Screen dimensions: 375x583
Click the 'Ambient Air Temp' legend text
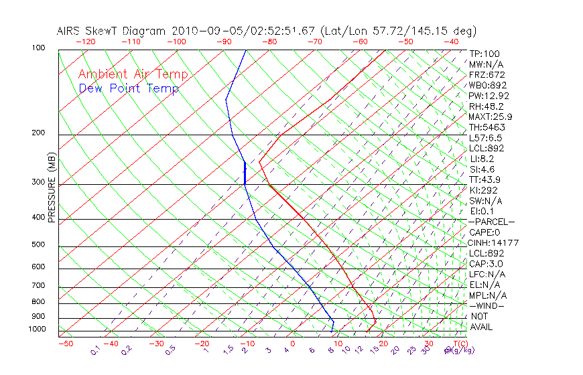(x=133, y=74)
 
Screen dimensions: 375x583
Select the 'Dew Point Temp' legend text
(x=129, y=88)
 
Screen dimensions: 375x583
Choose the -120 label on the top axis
(x=85, y=42)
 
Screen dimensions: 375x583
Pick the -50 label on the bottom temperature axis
(x=65, y=344)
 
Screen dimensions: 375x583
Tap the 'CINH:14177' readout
(x=493, y=242)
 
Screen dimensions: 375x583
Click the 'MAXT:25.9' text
(x=491, y=117)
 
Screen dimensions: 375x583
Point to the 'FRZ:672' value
(x=486, y=75)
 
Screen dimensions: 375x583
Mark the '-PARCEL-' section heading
(x=491, y=222)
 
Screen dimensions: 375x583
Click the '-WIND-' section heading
(x=486, y=305)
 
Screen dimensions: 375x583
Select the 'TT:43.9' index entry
(x=485, y=179)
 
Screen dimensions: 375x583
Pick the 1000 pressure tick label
(x=38, y=329)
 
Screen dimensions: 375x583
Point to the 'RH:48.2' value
(x=486, y=106)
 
